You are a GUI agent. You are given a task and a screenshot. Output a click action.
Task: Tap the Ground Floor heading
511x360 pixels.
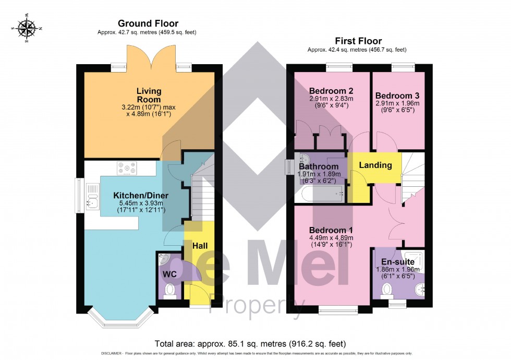(148, 23)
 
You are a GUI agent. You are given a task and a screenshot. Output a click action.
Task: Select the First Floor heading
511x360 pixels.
(358, 41)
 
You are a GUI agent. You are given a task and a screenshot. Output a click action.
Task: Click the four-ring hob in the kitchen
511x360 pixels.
(127, 168)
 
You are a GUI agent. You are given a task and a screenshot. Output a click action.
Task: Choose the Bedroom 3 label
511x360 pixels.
(397, 96)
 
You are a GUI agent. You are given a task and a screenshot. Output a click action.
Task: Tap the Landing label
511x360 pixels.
(375, 165)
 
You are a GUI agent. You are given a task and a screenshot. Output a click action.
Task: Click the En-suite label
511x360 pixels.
(398, 261)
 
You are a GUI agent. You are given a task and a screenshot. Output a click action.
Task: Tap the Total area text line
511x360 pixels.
(250, 344)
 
